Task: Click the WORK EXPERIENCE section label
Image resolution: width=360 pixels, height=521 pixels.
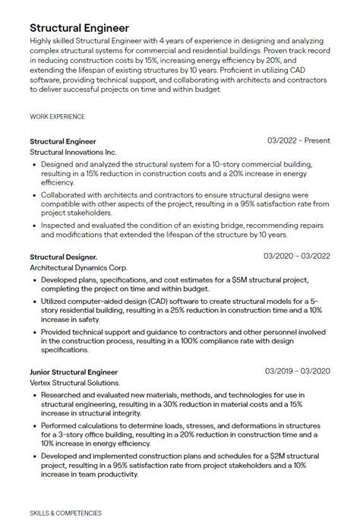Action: click(x=57, y=116)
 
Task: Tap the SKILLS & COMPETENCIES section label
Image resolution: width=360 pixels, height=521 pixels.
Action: click(x=65, y=513)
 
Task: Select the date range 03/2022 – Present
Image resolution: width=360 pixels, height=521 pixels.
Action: click(x=298, y=141)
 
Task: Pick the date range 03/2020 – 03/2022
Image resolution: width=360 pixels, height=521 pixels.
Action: click(x=297, y=256)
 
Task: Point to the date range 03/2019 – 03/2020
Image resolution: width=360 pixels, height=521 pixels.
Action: click(x=297, y=371)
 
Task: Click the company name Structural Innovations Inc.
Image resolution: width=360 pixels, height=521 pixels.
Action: click(x=73, y=152)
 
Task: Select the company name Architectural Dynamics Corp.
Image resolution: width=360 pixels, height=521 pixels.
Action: click(x=79, y=267)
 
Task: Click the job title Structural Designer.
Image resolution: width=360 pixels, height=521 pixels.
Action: click(x=63, y=257)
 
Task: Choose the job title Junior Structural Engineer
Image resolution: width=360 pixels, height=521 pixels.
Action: click(x=74, y=372)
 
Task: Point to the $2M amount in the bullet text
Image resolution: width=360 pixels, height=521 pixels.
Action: click(x=264, y=455)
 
